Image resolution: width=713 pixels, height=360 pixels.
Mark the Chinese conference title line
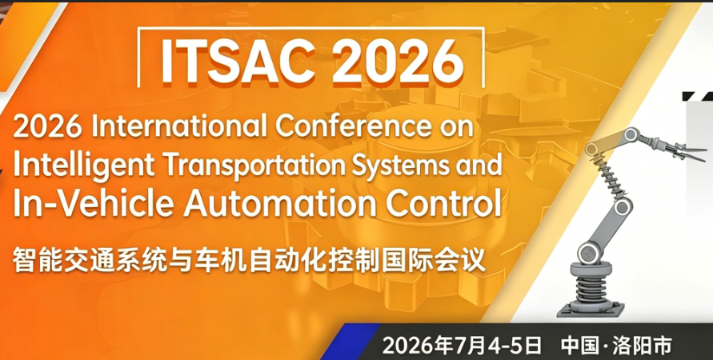click(249, 262)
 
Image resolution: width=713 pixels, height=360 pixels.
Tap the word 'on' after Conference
click(458, 127)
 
